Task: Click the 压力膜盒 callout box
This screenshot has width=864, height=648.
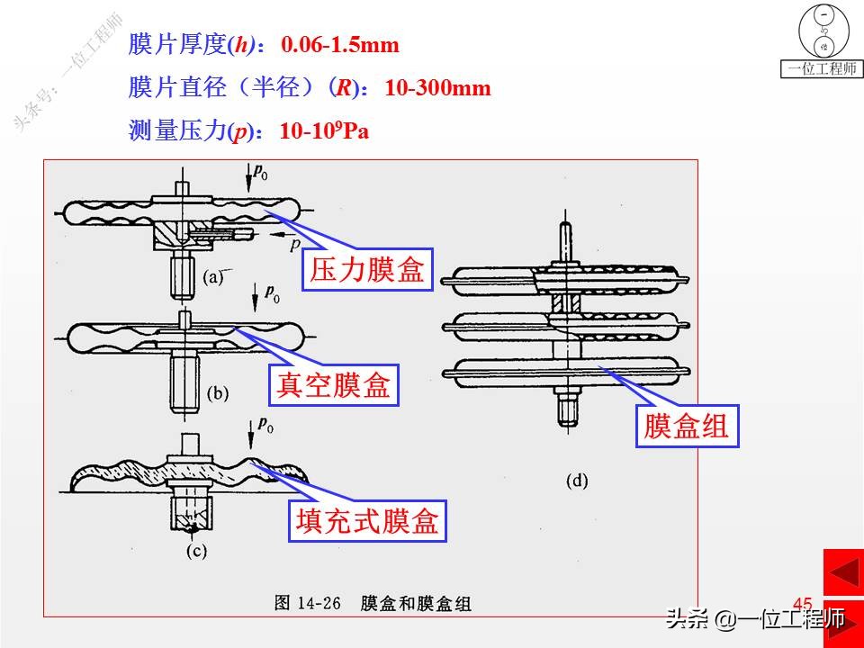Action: pos(367,271)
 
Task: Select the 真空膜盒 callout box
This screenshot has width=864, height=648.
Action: pos(334,385)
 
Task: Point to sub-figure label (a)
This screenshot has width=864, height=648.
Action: pos(212,277)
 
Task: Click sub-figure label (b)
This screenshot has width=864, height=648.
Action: pos(219,392)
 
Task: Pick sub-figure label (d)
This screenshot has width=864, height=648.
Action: pos(577,481)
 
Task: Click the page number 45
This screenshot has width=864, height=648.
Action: pos(802,604)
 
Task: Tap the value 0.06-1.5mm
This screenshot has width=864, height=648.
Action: pos(340,44)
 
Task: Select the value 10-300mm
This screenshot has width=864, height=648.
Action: pos(438,87)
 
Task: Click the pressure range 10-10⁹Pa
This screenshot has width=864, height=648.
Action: pos(325,131)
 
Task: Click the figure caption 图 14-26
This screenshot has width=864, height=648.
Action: pos(307,604)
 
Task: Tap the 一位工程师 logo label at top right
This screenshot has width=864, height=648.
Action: pos(822,68)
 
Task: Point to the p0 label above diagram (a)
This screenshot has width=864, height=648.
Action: pos(260,172)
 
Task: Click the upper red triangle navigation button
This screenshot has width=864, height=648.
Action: pos(843,573)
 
